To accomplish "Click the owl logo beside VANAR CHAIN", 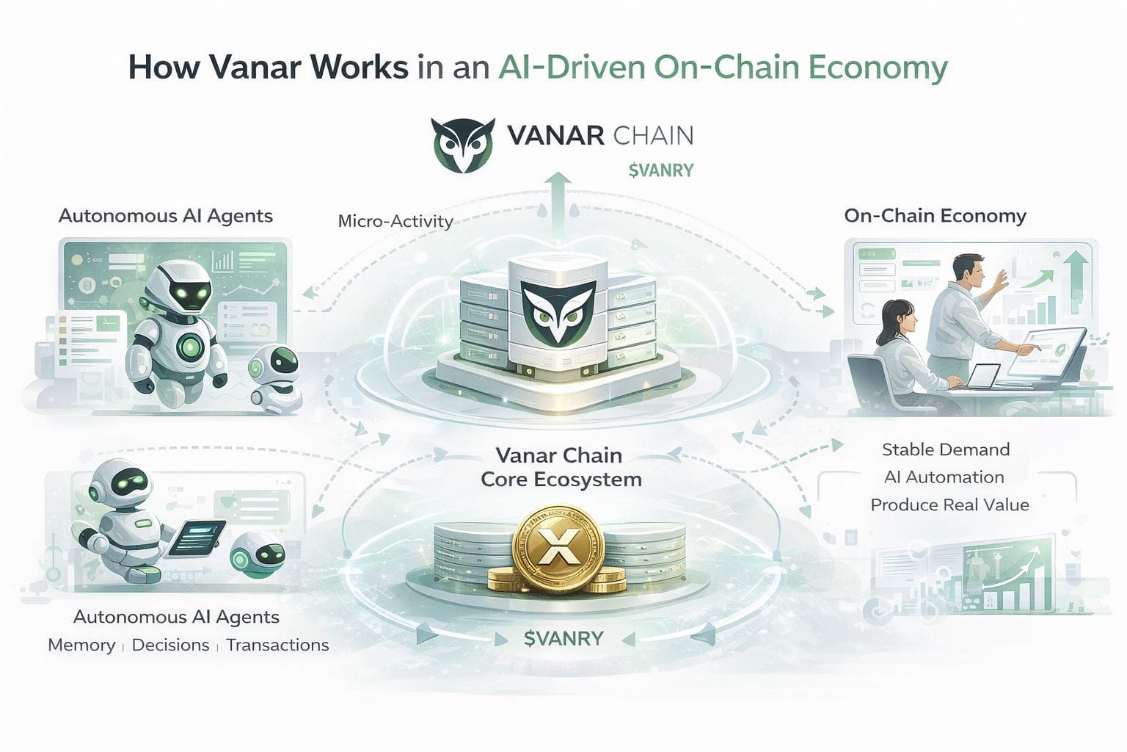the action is click(x=462, y=145).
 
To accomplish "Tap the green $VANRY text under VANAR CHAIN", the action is click(x=660, y=170).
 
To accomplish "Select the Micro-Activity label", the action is click(x=395, y=220).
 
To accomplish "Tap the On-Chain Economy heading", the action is click(x=935, y=215).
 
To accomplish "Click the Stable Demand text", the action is click(x=945, y=449).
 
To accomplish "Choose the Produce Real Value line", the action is click(x=949, y=505).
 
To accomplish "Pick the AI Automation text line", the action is click(x=944, y=477).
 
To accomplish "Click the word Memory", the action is click(x=81, y=645).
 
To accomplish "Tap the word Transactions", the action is click(x=277, y=645).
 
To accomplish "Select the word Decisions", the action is click(x=170, y=645).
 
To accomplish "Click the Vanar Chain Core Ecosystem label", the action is click(x=561, y=467).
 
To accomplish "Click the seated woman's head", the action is click(x=897, y=317).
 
